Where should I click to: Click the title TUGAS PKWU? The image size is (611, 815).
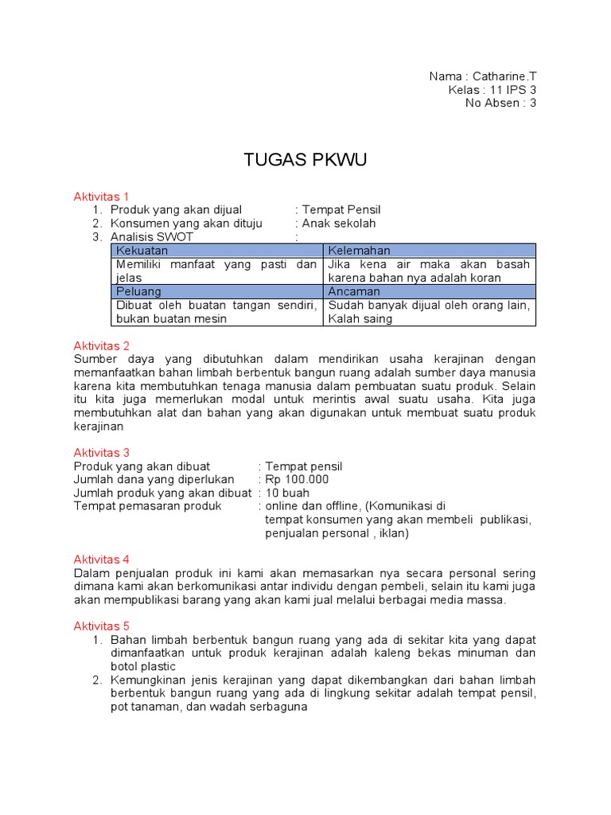coord(305,161)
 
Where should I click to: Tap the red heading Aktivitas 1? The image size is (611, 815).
coord(101,197)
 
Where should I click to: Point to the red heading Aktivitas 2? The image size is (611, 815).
coord(101,345)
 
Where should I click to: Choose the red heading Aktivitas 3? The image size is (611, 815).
coord(101,453)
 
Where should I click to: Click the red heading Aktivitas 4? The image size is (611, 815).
coord(101,560)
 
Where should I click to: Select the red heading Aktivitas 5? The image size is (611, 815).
coord(101,626)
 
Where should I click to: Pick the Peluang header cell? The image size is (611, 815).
coord(138,291)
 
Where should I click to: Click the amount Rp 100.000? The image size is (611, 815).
coord(297,479)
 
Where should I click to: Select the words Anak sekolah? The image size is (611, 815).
coord(339,224)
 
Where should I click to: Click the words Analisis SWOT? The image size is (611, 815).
coord(152,237)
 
